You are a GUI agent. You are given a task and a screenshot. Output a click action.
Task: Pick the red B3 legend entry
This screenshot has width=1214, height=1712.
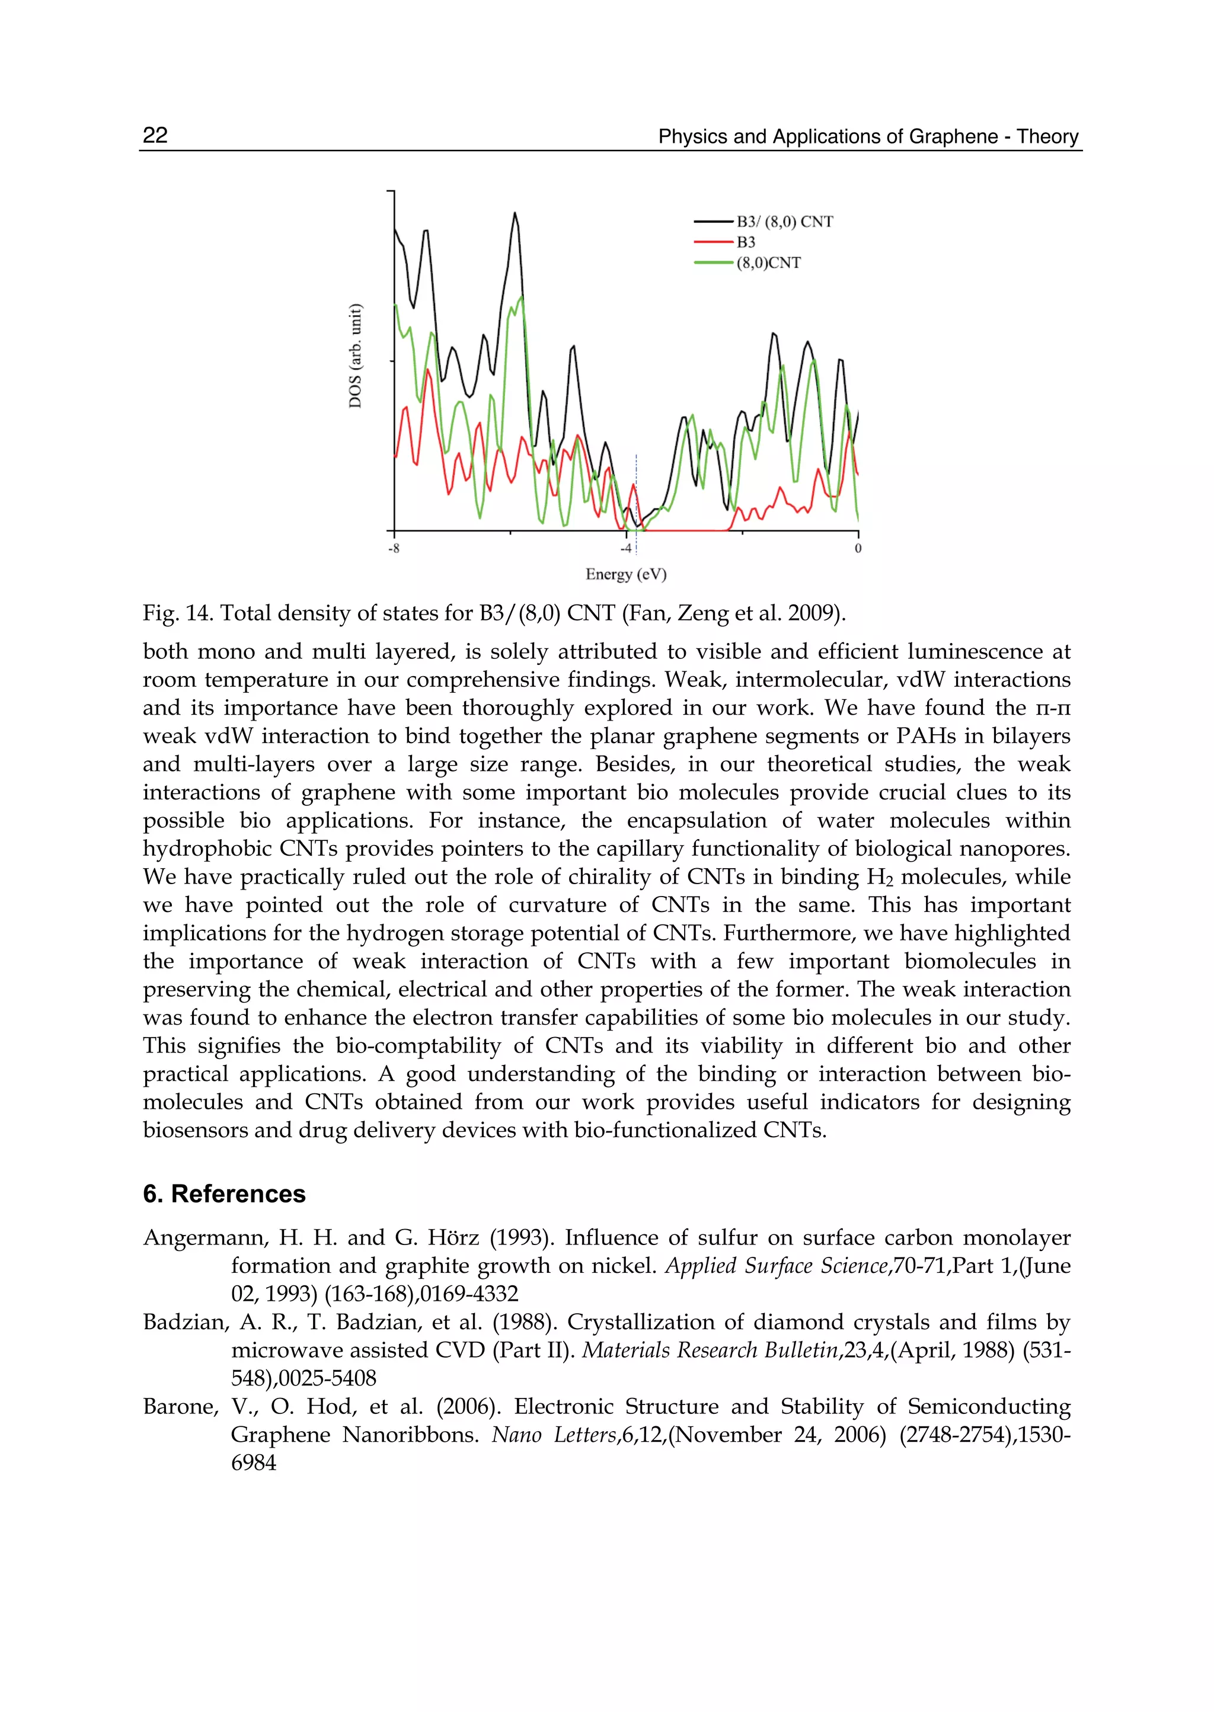click(745, 242)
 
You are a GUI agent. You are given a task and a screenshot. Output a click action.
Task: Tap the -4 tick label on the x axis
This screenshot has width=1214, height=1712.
click(626, 549)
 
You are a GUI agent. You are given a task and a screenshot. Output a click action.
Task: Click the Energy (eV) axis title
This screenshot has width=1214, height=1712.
click(626, 574)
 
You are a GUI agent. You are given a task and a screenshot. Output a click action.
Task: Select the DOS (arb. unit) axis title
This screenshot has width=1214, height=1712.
click(356, 356)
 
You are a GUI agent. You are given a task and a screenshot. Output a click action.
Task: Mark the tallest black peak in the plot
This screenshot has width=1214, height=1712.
click(515, 215)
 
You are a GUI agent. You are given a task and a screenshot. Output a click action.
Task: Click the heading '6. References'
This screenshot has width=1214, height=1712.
click(224, 1193)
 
